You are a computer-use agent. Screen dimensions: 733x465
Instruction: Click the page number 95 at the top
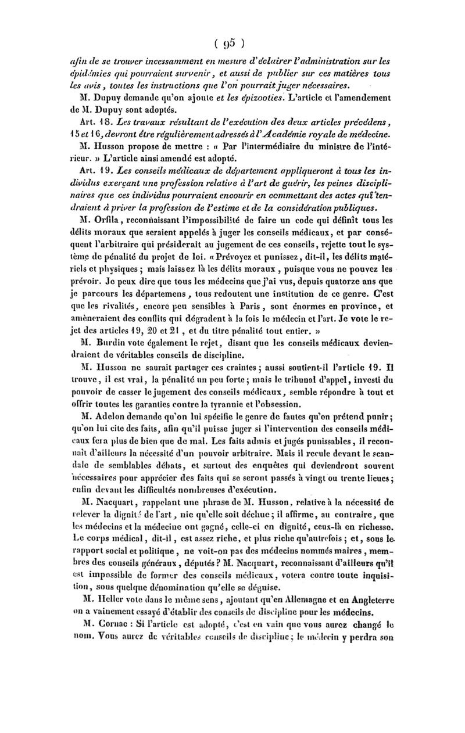[x=232, y=42]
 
